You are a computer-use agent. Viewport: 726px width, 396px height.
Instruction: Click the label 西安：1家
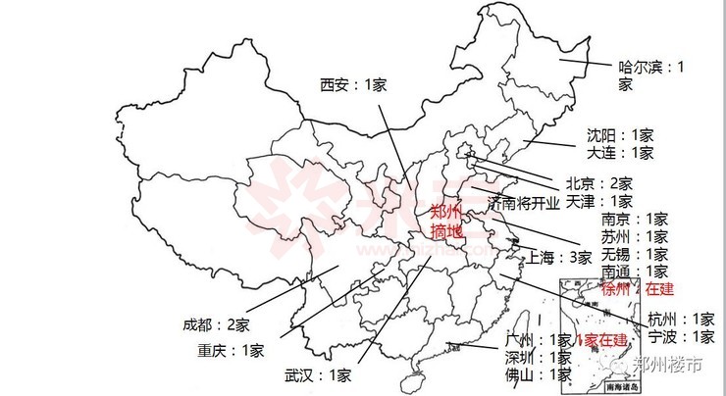point(353,84)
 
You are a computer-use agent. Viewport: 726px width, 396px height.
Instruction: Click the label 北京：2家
point(598,183)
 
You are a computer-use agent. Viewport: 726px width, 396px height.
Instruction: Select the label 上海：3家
point(559,258)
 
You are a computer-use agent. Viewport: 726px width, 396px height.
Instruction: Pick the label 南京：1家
point(635,219)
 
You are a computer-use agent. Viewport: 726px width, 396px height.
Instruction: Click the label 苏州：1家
point(635,236)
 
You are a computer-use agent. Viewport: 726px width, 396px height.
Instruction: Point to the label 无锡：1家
point(635,254)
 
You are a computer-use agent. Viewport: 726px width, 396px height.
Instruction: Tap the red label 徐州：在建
point(637,289)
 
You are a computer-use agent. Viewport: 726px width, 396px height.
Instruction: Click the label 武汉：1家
point(318,374)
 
